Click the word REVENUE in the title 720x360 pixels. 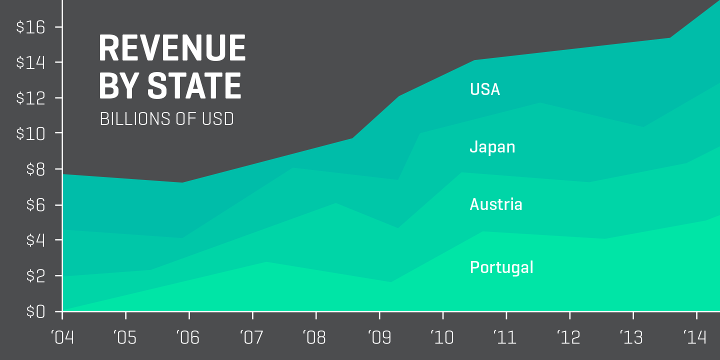172,48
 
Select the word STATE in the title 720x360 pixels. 194,85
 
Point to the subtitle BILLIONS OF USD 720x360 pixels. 167,119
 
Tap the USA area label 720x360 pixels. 485,89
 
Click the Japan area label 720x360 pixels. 492,147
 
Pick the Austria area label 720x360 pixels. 496,204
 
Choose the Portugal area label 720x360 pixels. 501,267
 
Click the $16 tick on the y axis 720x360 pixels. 30,27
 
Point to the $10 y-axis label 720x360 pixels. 30,133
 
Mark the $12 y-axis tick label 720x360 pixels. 30,98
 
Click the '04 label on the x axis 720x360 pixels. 62,337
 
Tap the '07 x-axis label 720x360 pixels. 252,337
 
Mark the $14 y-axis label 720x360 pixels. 30,62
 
